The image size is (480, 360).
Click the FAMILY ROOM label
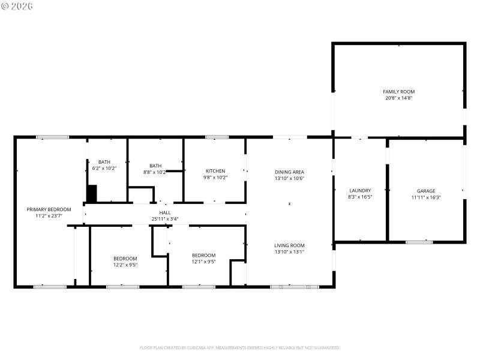[398, 91]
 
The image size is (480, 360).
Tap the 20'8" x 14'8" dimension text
[398, 98]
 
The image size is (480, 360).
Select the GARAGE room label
[426, 191]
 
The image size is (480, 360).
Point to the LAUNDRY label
[360, 190]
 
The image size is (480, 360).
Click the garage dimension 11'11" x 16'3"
[426, 197]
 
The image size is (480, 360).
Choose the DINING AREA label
[290, 172]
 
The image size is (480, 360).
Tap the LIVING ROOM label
[290, 245]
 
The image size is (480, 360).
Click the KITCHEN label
[215, 171]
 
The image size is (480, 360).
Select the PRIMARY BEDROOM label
[49, 209]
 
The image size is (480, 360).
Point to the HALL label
[164, 212]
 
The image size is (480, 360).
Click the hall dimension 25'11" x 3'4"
[164, 219]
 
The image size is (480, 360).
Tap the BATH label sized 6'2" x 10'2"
[104, 162]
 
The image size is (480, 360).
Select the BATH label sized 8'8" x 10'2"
[155, 166]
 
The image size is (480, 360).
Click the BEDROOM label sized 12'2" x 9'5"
[125, 258]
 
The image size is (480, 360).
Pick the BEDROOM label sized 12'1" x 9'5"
[203, 255]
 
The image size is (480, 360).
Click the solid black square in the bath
[92, 194]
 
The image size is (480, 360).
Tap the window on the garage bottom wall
[419, 242]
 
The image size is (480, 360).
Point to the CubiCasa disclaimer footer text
[240, 347]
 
